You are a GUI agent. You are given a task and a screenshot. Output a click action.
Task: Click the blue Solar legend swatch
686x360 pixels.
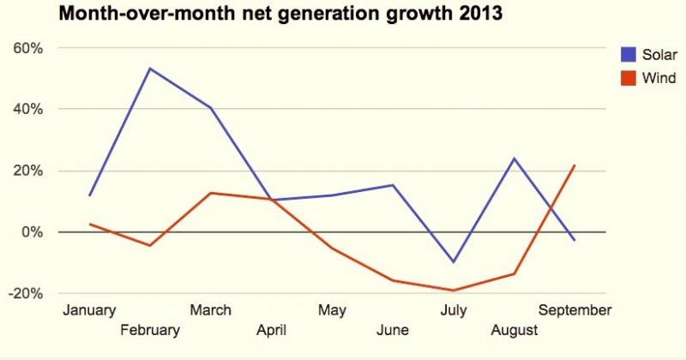point(629,54)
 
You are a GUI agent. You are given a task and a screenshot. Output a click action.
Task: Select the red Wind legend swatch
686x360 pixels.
point(629,79)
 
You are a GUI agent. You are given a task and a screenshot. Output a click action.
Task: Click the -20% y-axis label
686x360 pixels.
point(26,293)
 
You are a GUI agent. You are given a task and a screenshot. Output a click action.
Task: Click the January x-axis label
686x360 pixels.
point(89,310)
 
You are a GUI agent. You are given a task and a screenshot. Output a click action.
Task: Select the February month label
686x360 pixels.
point(150,330)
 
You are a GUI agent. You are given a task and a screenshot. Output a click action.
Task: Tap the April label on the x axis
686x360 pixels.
point(271,330)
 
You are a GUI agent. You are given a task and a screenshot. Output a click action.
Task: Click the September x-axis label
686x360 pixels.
point(575,310)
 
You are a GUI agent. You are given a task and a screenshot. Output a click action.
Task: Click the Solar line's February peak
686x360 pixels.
point(150,69)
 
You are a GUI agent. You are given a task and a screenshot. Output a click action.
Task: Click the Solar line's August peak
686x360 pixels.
point(514,159)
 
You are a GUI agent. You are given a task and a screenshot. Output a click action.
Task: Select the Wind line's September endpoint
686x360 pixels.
point(574,165)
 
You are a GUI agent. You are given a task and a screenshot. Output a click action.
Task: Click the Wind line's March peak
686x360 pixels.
point(211,193)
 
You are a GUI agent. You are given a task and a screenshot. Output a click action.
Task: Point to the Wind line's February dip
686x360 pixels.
point(150,246)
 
